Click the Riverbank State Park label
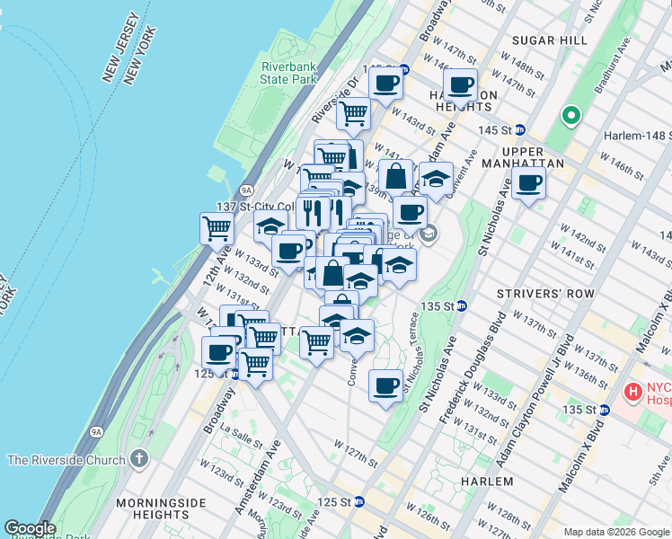click(289, 73)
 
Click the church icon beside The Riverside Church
click(137, 460)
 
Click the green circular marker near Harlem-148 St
click(570, 116)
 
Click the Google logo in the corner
click(30, 528)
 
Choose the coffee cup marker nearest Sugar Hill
click(461, 86)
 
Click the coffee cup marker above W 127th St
click(385, 386)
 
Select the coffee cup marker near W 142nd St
click(528, 184)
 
